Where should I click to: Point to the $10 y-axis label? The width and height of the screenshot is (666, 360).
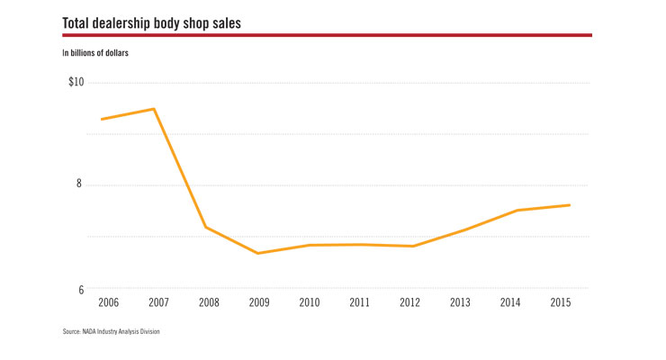[x=76, y=83]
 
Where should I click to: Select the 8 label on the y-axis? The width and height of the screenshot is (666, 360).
[x=80, y=184]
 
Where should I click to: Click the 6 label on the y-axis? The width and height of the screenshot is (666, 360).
[x=80, y=290]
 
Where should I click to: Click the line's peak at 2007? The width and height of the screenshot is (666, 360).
[x=154, y=109]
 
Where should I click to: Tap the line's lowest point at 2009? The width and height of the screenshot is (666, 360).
[x=258, y=253]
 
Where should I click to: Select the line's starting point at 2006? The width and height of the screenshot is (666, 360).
[x=102, y=119]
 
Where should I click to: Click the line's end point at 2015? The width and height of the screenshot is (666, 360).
[x=570, y=205]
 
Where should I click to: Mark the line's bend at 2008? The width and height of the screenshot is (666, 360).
[x=206, y=227]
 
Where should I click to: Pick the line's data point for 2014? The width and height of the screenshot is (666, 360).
[x=517, y=210]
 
